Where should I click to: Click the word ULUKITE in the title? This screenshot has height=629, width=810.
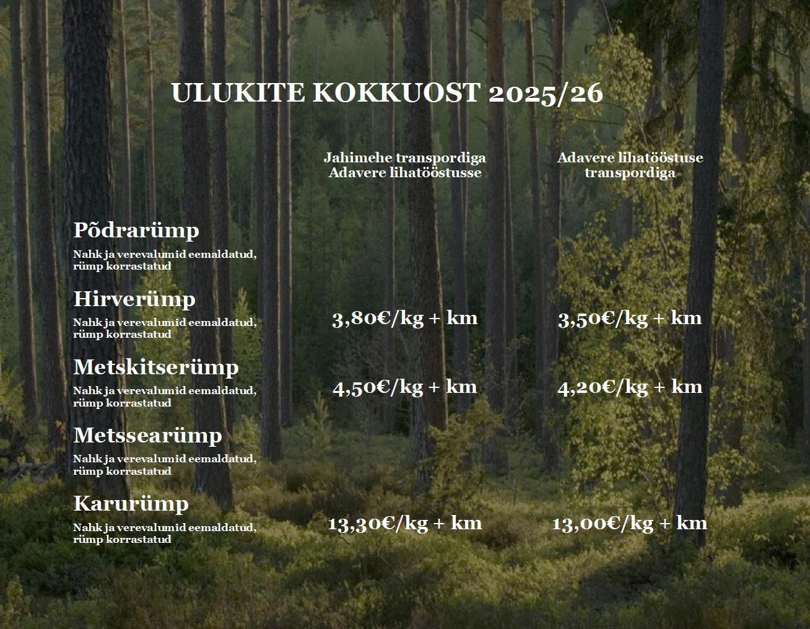pyautogui.click(x=238, y=92)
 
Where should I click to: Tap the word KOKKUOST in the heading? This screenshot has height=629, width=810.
pyautogui.click(x=396, y=92)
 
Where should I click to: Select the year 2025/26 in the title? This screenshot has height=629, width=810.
pyautogui.click(x=546, y=93)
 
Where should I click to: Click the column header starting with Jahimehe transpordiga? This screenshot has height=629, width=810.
pyautogui.click(x=405, y=165)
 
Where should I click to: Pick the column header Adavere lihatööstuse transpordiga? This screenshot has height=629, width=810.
pyautogui.click(x=630, y=165)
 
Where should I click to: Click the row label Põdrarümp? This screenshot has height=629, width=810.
pyautogui.click(x=136, y=231)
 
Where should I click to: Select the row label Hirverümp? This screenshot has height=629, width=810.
pyautogui.click(x=134, y=299)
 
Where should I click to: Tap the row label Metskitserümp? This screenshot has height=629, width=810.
pyautogui.click(x=156, y=367)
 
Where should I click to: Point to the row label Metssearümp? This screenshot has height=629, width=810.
pyautogui.click(x=147, y=436)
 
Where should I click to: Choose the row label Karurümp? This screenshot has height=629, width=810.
pyautogui.click(x=131, y=504)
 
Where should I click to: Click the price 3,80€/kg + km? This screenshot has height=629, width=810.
pyautogui.click(x=405, y=319)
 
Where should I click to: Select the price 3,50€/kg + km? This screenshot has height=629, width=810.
pyautogui.click(x=630, y=319)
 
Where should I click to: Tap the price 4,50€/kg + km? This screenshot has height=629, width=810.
pyautogui.click(x=405, y=388)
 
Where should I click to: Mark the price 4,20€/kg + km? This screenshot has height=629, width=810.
pyautogui.click(x=630, y=388)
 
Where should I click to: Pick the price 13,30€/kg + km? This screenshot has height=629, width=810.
pyautogui.click(x=405, y=524)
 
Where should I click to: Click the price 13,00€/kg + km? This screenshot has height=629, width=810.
pyautogui.click(x=630, y=524)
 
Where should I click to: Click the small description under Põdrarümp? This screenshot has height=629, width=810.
pyautogui.click(x=165, y=260)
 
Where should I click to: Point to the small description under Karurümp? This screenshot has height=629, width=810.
pyautogui.click(x=165, y=534)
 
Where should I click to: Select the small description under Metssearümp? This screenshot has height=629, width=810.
pyautogui.click(x=165, y=465)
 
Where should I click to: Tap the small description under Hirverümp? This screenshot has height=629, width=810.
pyautogui.click(x=165, y=328)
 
